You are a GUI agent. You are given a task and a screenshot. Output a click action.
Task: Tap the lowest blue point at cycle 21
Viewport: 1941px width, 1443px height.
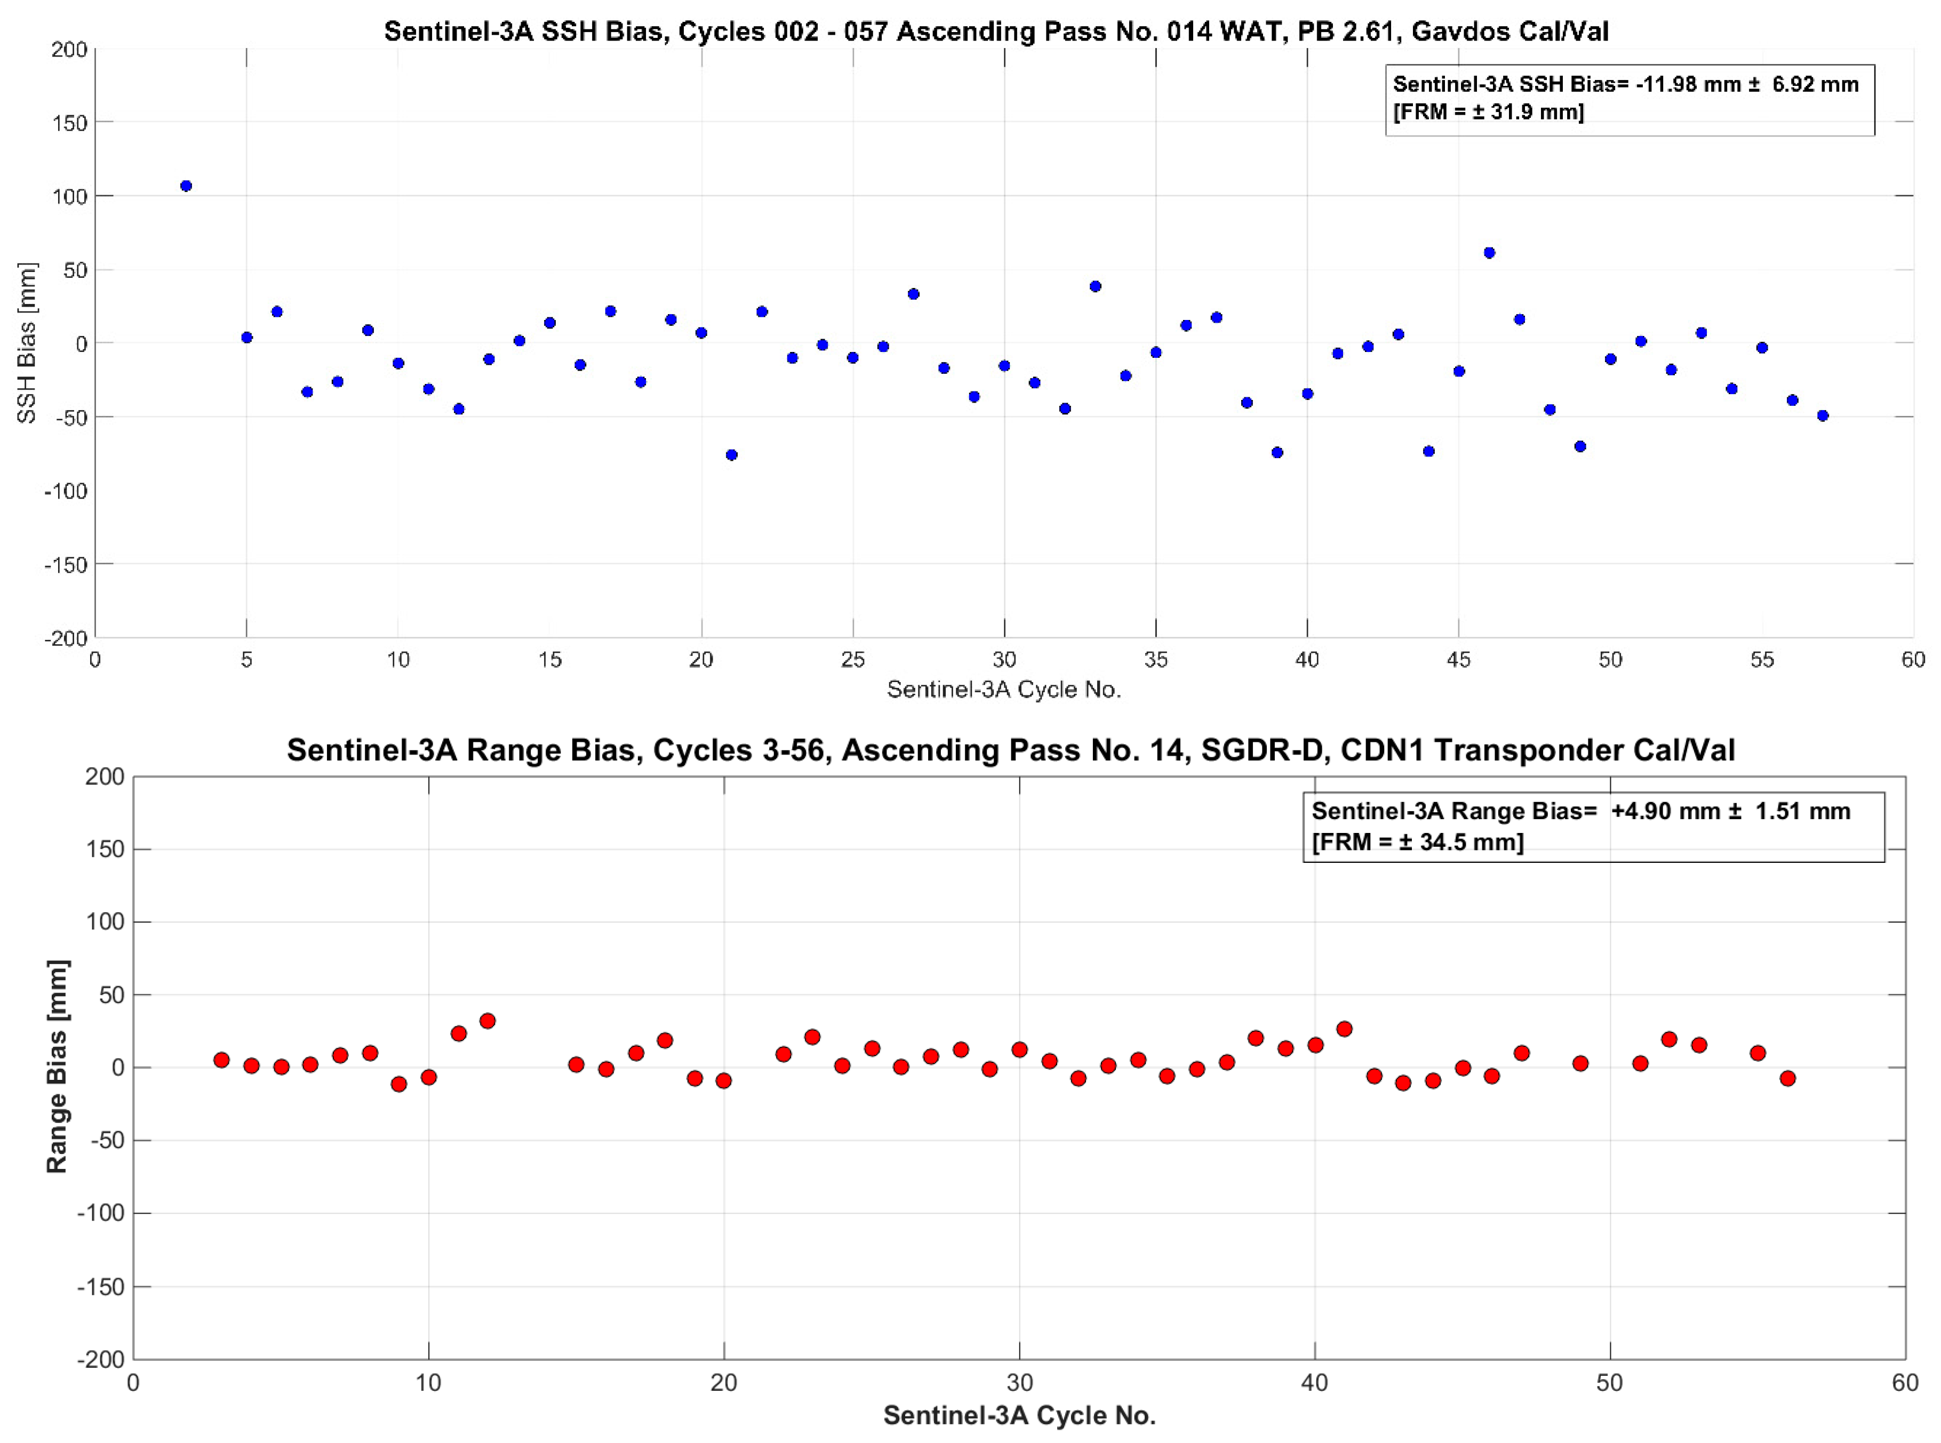point(731,455)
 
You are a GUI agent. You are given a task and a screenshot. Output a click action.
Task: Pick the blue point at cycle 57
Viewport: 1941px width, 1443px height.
point(1822,416)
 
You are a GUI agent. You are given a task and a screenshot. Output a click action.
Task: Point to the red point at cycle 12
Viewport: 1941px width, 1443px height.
point(488,1021)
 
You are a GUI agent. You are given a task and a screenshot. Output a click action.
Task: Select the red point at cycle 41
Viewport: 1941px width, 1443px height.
point(1344,1029)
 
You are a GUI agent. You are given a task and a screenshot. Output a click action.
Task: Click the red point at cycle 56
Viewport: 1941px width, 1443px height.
point(1787,1079)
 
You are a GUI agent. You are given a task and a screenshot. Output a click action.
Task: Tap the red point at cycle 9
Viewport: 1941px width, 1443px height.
point(399,1084)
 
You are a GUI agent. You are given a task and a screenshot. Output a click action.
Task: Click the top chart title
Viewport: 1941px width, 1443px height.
point(996,31)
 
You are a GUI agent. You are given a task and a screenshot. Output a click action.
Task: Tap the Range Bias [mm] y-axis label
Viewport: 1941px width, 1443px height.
point(56,1067)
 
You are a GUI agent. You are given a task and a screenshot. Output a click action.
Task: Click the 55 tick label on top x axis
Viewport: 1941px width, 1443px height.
point(1761,660)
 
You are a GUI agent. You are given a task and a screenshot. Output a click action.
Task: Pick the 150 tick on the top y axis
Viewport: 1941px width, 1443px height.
point(69,123)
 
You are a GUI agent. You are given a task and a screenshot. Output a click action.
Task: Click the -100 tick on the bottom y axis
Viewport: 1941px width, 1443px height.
point(100,1213)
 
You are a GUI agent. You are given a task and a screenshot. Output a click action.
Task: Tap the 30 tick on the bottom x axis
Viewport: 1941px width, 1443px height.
point(1019,1383)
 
